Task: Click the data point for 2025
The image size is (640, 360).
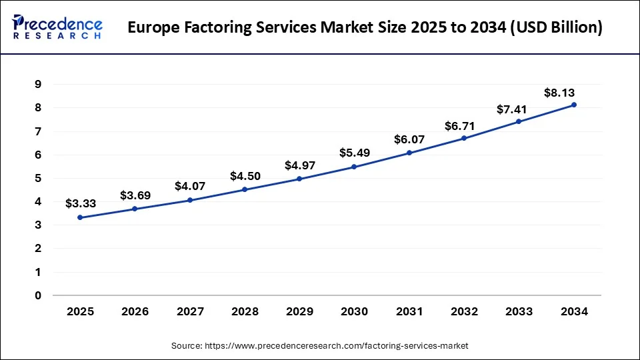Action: coord(80,217)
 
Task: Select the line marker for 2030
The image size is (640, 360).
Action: coord(354,167)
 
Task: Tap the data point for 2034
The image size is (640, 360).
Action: coord(573,105)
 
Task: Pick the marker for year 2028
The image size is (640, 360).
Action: coord(245,189)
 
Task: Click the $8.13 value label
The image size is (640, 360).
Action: coord(560,93)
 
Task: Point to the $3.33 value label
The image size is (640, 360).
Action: coord(81,204)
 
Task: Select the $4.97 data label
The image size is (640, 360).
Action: coord(300,165)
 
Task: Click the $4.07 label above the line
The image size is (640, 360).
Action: coord(190,187)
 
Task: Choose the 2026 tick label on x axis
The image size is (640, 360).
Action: coord(135,311)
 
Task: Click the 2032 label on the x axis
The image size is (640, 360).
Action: coord(464,311)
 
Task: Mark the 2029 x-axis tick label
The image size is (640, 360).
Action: coord(299,311)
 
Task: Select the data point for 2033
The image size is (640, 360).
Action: coord(519,121)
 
